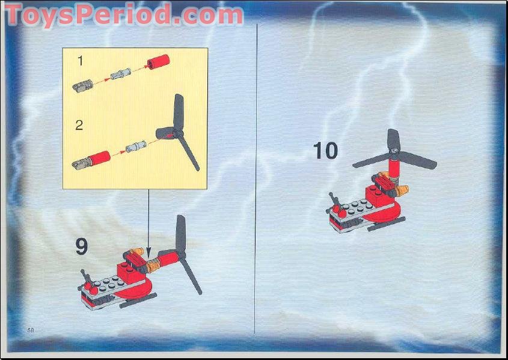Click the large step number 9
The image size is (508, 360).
[81, 247]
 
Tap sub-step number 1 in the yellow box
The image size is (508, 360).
[79, 61]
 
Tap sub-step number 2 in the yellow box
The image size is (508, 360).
[79, 126]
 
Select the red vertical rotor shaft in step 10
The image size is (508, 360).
[394, 165]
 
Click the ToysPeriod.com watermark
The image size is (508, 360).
[123, 14]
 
